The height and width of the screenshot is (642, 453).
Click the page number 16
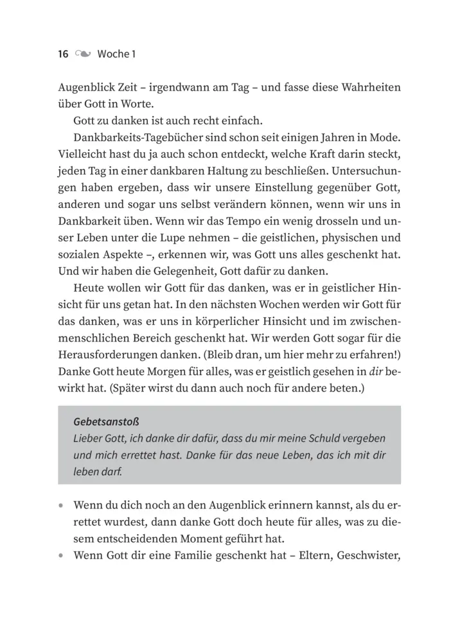pyautogui.click(x=63, y=54)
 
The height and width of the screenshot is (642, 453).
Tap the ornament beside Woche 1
pyautogui.click(x=83, y=54)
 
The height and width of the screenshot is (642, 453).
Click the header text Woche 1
pyautogui.click(x=116, y=54)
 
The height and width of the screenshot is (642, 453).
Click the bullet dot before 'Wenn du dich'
pyautogui.click(x=61, y=505)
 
